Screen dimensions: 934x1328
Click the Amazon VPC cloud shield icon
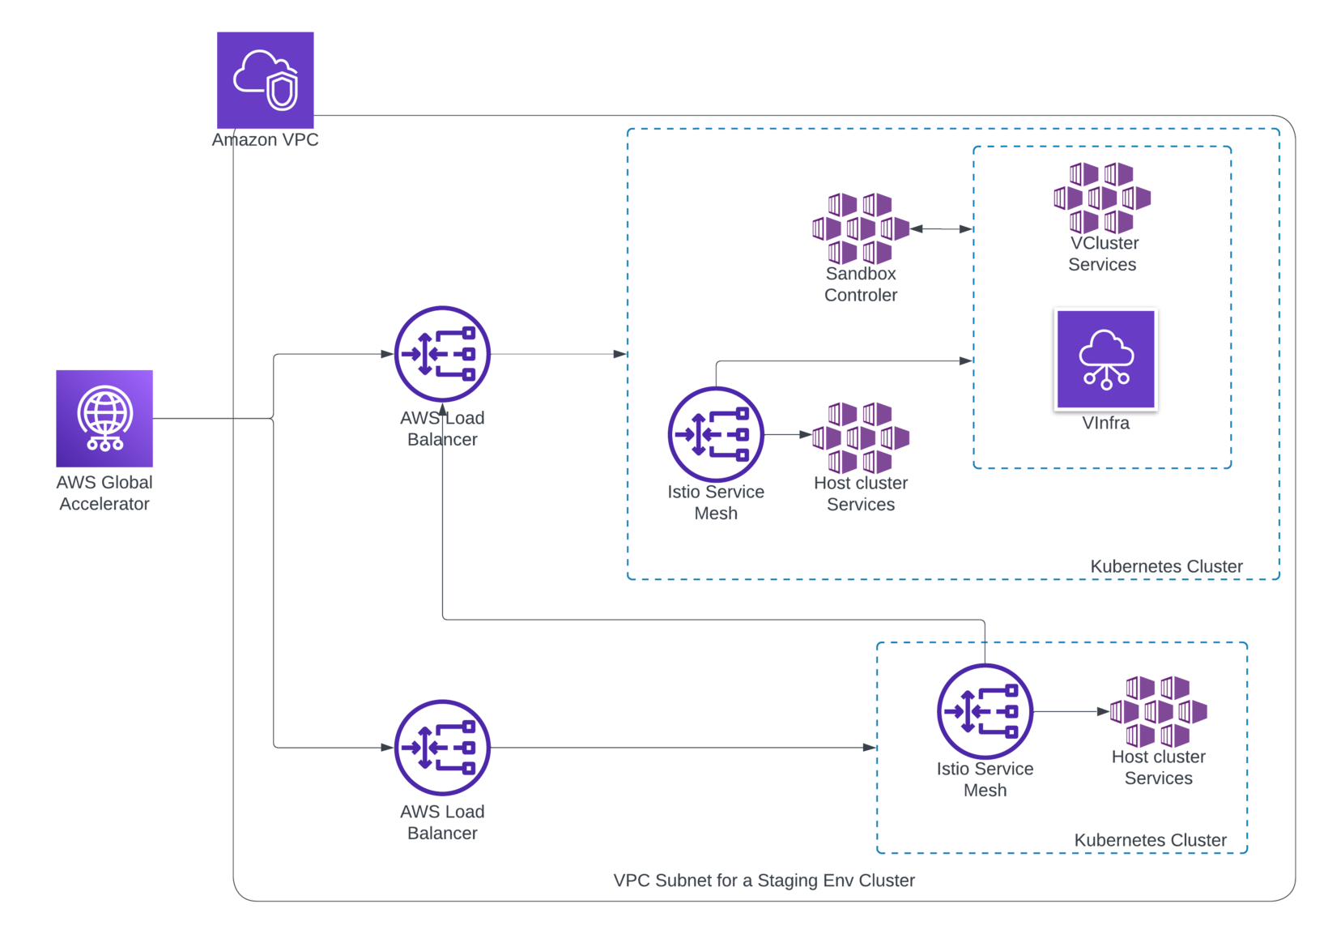(x=266, y=79)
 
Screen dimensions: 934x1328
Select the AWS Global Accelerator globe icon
(x=104, y=419)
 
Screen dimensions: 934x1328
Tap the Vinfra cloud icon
(x=1105, y=359)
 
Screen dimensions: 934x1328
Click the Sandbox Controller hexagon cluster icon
(x=861, y=228)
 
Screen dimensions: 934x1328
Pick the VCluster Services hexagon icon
(x=1102, y=198)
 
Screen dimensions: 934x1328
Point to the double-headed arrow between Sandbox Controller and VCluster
(x=942, y=229)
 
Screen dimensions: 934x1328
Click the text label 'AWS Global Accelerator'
(x=104, y=493)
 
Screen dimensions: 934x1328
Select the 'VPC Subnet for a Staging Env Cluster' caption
(x=764, y=881)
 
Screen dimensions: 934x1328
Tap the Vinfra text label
(x=1105, y=423)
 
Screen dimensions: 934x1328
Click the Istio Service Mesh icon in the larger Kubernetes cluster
(x=716, y=435)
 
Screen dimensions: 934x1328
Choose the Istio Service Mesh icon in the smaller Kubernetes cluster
(x=985, y=712)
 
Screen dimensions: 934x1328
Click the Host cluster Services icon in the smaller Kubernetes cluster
(x=1159, y=711)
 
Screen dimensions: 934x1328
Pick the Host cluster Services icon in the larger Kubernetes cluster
(x=861, y=437)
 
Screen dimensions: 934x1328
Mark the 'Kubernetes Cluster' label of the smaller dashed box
(x=1150, y=840)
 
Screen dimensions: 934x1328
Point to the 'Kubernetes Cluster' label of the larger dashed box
(x=1165, y=566)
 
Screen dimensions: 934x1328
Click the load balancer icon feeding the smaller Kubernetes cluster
(x=442, y=748)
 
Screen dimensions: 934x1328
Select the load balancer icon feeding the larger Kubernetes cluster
(x=442, y=354)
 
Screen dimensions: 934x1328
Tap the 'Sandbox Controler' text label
(x=861, y=284)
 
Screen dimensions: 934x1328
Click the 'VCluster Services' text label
(x=1103, y=254)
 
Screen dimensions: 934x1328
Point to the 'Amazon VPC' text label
(x=266, y=140)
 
